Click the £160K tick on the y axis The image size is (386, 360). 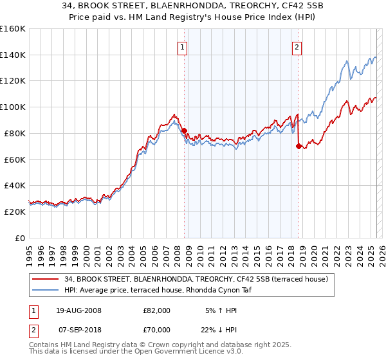12,29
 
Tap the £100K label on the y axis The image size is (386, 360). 12,107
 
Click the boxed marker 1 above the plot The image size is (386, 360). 183,46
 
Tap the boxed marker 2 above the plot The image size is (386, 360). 297,46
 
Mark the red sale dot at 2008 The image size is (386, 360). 184,130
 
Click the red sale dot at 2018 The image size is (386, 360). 299,146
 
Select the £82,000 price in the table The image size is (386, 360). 156,310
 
